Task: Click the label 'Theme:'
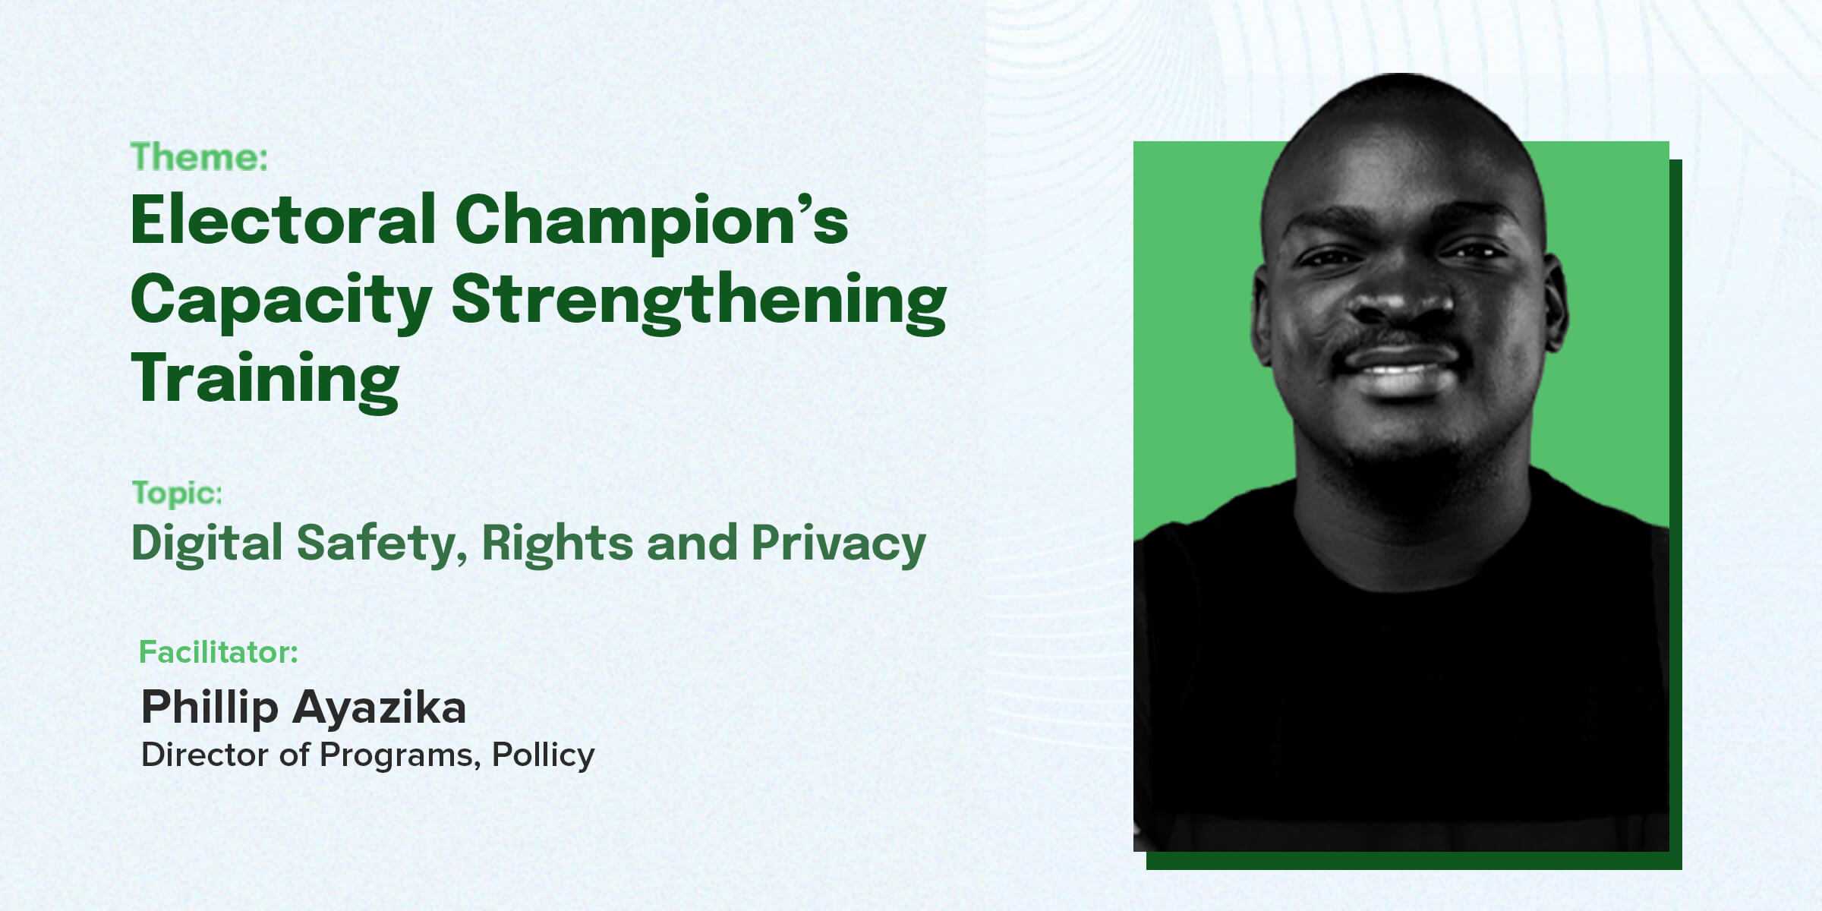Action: coord(199,157)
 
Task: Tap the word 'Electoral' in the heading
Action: coord(283,219)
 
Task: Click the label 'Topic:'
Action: coord(177,494)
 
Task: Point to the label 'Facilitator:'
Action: coord(218,652)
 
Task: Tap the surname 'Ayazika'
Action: coord(379,708)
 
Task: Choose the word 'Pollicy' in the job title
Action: coord(544,756)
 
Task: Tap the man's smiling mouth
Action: coord(1401,368)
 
